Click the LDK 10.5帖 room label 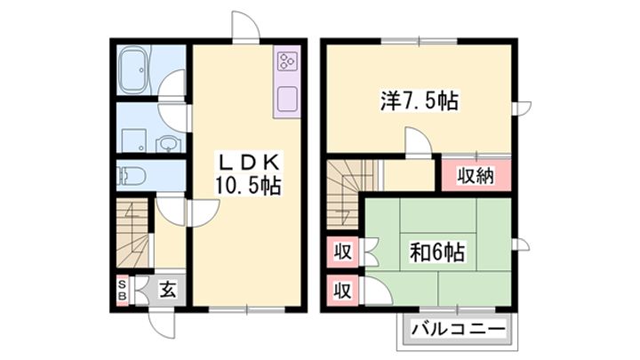tap(247, 174)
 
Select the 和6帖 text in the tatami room tap(436, 251)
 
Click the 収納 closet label tap(476, 175)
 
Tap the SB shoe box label tap(124, 289)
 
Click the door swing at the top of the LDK tap(245, 27)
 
